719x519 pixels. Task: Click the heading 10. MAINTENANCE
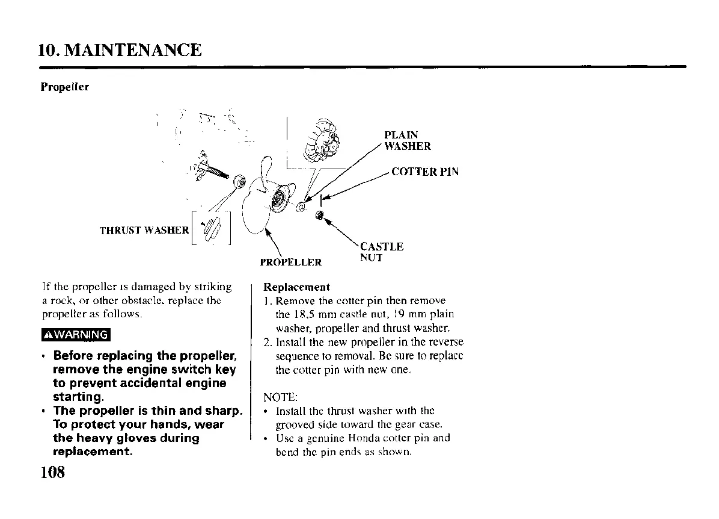tap(121, 49)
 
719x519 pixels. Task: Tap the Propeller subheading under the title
tap(65, 87)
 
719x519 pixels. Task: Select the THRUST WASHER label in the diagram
tap(143, 229)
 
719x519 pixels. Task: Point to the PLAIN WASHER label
tap(408, 140)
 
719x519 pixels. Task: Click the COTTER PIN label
tap(425, 172)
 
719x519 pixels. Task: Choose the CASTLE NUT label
tap(381, 252)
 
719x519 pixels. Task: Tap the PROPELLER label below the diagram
tap(290, 263)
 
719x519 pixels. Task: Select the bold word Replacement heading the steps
tap(296, 287)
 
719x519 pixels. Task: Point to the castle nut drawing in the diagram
tap(320, 215)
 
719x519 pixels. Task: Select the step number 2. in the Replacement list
tap(269, 342)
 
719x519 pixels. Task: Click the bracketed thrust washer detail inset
tap(212, 229)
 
